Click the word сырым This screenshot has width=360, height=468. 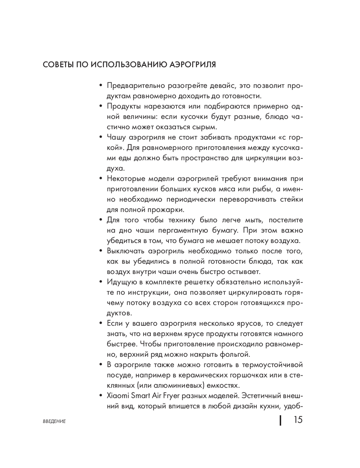pyautogui.click(x=206, y=127)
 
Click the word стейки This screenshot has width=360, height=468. pyautogui.click(x=291, y=199)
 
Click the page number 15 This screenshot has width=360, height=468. pyautogui.click(x=298, y=420)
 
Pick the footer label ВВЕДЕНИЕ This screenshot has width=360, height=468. pyautogui.click(x=54, y=421)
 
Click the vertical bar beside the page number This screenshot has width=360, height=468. pyautogui.click(x=280, y=420)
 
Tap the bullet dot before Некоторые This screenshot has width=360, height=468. pyautogui.click(x=101, y=179)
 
